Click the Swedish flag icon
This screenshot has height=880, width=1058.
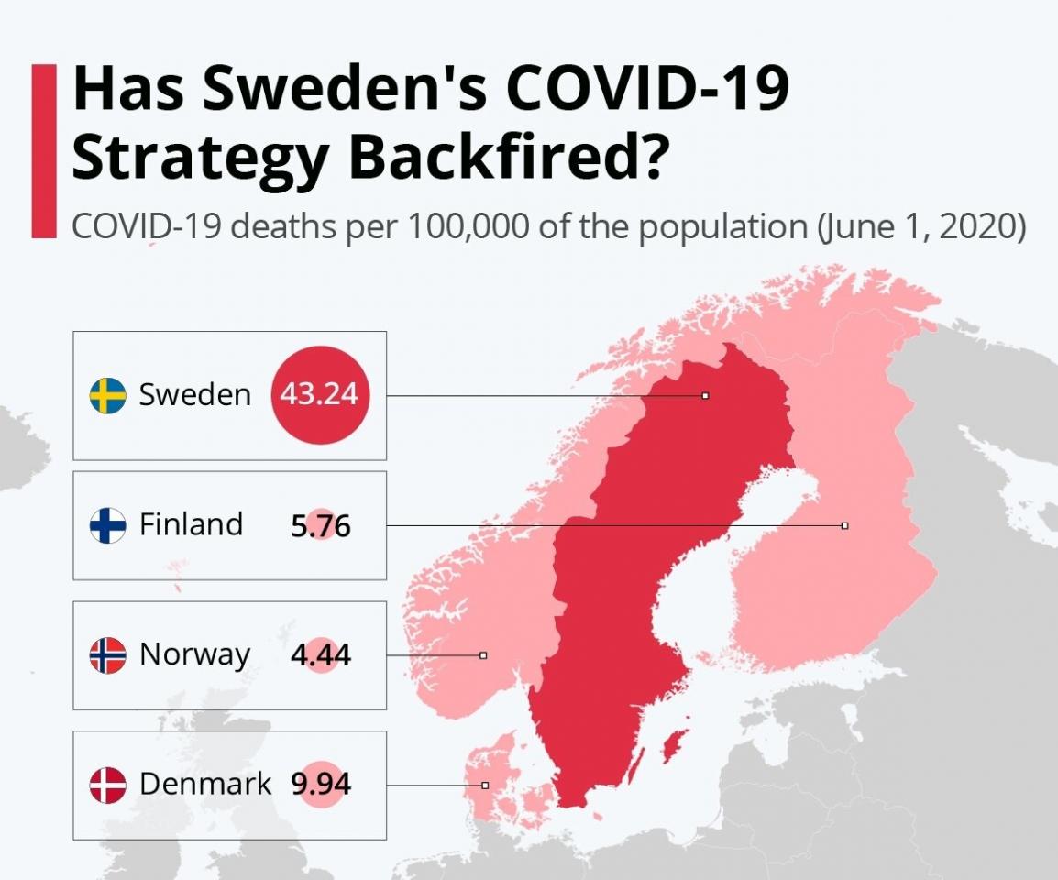click(107, 395)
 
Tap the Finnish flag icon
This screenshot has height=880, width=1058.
click(107, 525)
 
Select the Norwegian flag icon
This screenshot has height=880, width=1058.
click(107, 655)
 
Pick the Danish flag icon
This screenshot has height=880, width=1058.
click(107, 786)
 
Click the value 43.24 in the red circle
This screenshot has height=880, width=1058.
click(320, 395)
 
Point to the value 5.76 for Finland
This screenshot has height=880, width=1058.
click(320, 526)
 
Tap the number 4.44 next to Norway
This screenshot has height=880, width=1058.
click(320, 656)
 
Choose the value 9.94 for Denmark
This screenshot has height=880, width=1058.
click(321, 786)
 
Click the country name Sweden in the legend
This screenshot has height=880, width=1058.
click(194, 395)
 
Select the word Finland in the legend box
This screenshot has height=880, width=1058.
click(191, 524)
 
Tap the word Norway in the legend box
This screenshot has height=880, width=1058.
click(194, 654)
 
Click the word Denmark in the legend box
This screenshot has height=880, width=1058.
click(205, 785)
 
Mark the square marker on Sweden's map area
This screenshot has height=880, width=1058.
click(705, 396)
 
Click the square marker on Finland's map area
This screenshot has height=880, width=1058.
click(844, 525)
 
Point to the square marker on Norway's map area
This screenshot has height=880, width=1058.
click(483, 655)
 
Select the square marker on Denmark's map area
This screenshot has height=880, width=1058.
click(485, 786)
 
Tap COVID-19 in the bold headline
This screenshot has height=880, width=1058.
click(646, 90)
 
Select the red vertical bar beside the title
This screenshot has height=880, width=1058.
click(43, 151)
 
